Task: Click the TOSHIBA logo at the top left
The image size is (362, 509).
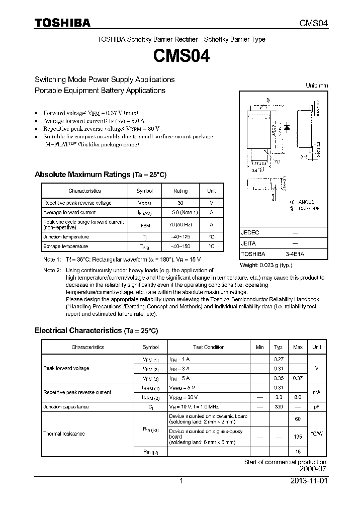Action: (62, 23)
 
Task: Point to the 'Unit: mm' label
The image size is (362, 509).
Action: (317, 86)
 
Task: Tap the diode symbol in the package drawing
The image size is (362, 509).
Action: (287, 127)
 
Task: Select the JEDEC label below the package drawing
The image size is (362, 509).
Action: (250, 233)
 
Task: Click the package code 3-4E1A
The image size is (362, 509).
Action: (295, 254)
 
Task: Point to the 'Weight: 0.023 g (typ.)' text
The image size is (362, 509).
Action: (266, 265)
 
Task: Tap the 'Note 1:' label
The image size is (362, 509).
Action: (52, 259)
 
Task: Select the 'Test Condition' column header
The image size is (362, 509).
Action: (209, 347)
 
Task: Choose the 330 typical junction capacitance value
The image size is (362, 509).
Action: (278, 406)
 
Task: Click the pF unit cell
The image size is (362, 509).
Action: (317, 406)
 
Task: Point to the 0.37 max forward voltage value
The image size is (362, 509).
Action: (298, 378)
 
